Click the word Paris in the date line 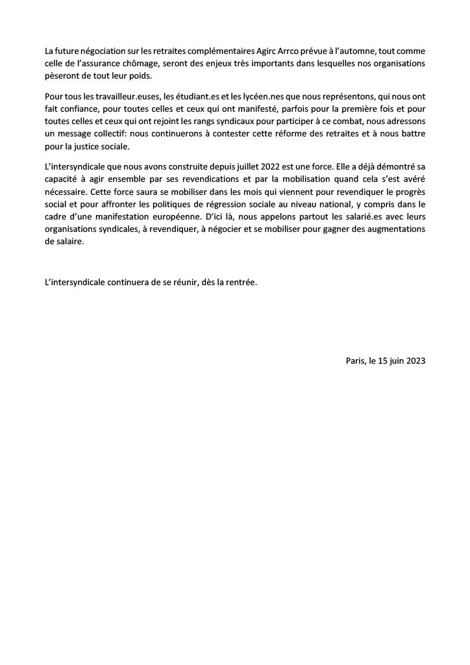tap(356, 360)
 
